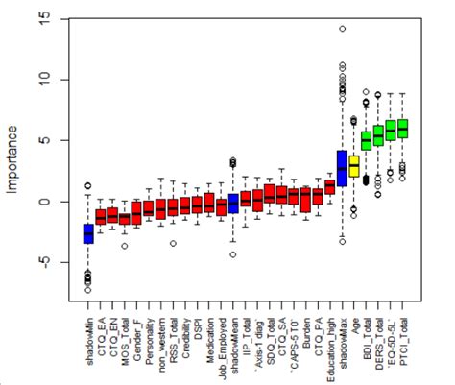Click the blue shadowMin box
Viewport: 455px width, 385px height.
(x=88, y=233)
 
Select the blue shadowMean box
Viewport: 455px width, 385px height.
(x=233, y=204)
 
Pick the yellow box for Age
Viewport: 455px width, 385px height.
(x=354, y=166)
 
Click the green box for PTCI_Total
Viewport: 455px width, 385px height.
(x=402, y=128)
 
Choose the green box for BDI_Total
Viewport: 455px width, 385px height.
(x=366, y=141)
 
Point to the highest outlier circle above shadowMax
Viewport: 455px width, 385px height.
(x=342, y=29)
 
